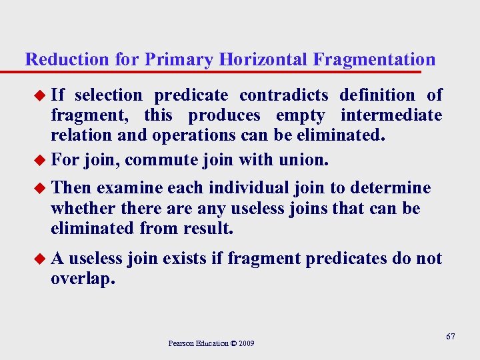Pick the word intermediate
click(x=391, y=115)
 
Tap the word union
click(x=307, y=160)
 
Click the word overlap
click(x=82, y=279)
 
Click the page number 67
click(x=451, y=337)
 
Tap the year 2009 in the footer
click(x=245, y=344)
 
